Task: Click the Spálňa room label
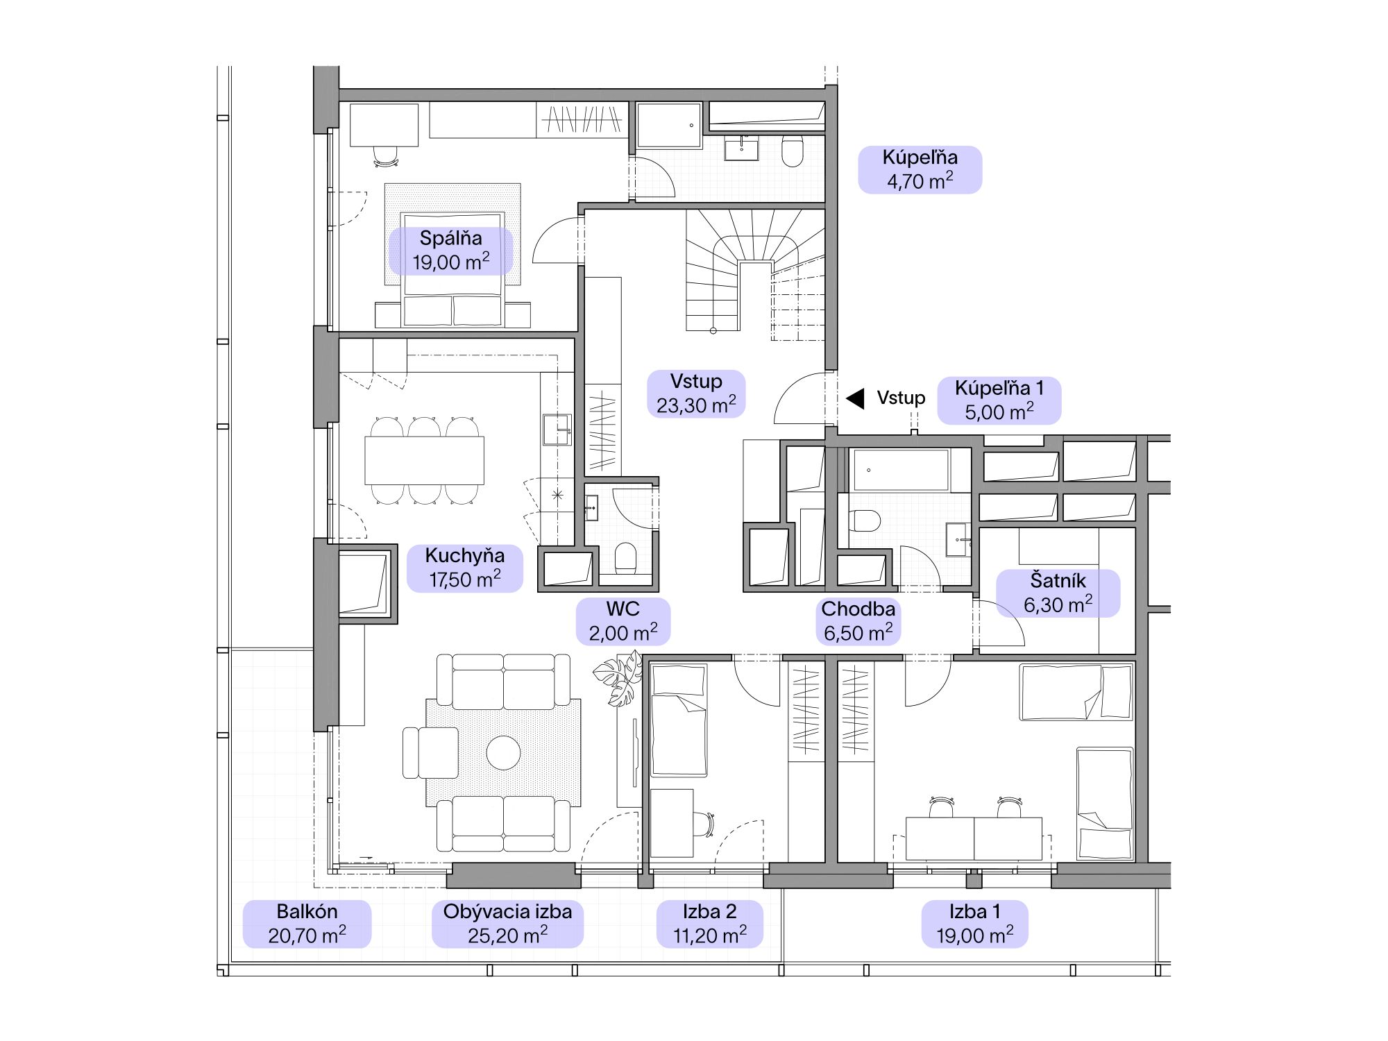[451, 251]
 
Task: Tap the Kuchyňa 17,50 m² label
[465, 568]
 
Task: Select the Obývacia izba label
[508, 924]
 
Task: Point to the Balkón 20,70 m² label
[307, 924]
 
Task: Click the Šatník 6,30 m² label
[1058, 593]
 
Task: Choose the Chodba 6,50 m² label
[858, 621]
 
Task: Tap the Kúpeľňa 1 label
[999, 400]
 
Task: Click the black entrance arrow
[855, 398]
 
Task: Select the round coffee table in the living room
[503, 752]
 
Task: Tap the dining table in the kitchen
[424, 460]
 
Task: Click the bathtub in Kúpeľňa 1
[901, 471]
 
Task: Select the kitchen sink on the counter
[556, 430]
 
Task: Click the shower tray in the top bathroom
[669, 126]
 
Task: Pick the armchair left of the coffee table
[430, 753]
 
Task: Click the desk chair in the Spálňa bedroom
[386, 156]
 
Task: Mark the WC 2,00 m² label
[623, 621]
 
